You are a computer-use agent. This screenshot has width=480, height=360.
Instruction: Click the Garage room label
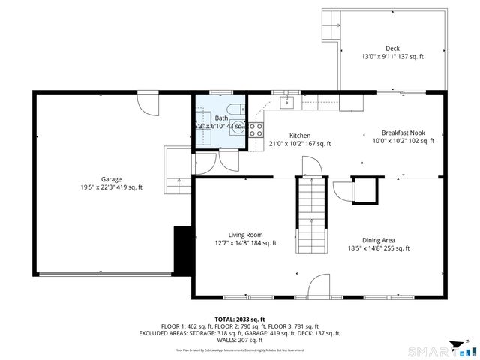pyautogui.click(x=112, y=179)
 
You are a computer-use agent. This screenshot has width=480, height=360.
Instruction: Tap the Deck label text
pyautogui.click(x=392, y=49)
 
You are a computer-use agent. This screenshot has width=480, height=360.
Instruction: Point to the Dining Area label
pyautogui.click(x=378, y=240)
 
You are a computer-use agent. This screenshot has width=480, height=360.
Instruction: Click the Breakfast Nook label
pyautogui.click(x=403, y=133)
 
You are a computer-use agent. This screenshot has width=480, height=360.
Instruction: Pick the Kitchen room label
pyautogui.click(x=300, y=136)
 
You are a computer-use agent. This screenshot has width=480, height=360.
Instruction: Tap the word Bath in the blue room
pyautogui.click(x=221, y=118)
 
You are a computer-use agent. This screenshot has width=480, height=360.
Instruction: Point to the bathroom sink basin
pyautogui.click(x=238, y=127)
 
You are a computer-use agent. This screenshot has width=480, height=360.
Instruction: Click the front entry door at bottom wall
pyautogui.click(x=319, y=284)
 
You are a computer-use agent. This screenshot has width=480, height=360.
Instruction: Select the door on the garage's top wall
pyautogui.click(x=148, y=102)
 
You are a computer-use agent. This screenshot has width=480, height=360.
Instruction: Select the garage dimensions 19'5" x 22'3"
pyautogui.click(x=112, y=187)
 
